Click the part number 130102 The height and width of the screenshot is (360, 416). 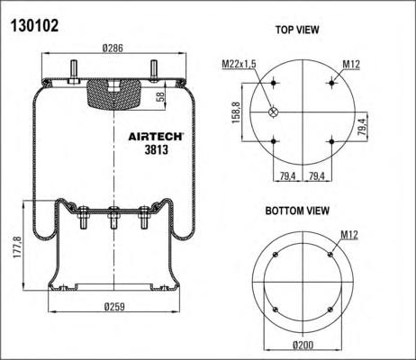34,26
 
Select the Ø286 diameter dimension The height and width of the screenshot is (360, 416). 113,48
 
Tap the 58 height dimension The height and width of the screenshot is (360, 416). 161,96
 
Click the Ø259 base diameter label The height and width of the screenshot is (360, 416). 114,307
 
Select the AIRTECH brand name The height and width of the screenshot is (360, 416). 156,137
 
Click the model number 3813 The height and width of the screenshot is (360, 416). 157,149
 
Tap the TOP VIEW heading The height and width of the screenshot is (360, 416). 297,30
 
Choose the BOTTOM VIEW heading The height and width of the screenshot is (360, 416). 297,211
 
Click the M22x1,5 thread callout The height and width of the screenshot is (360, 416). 239,64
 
